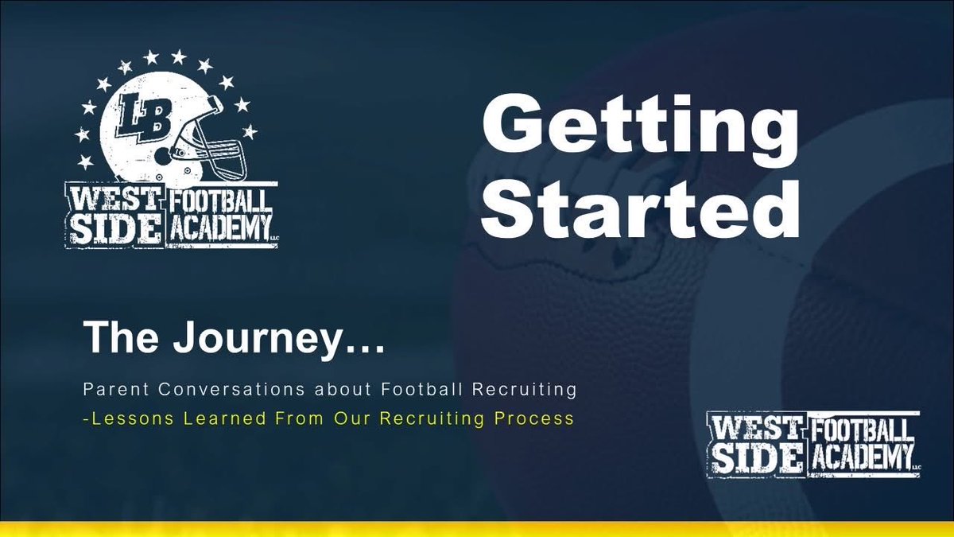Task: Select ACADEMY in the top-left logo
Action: pos(219,229)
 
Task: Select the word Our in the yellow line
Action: pos(352,418)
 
